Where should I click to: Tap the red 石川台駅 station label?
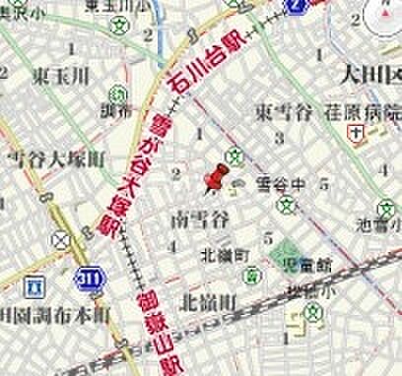[210, 65]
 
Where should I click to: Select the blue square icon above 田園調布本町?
[37, 286]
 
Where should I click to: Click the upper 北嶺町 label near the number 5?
[221, 255]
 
